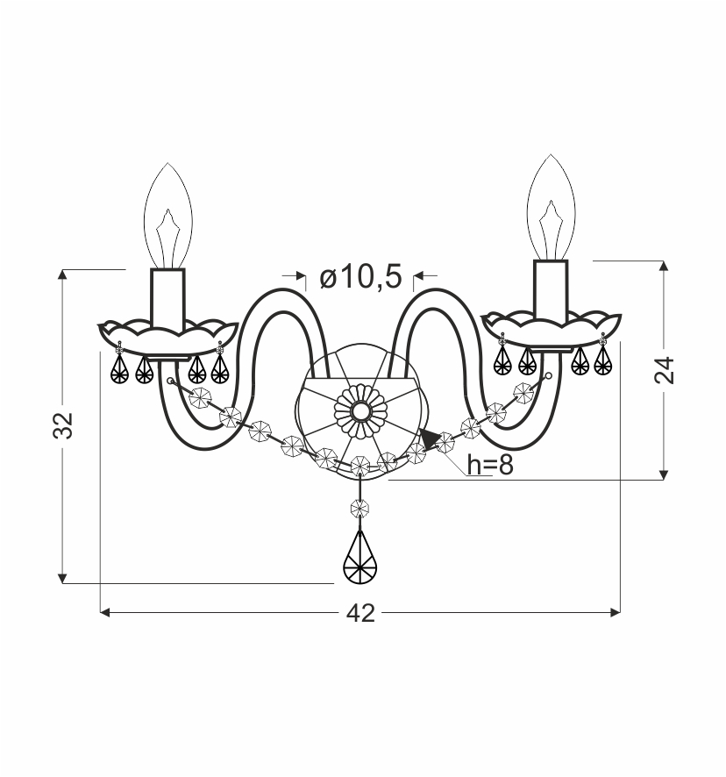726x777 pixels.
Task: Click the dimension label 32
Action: pyautogui.click(x=63, y=425)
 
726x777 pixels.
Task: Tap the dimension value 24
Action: pyautogui.click(x=665, y=370)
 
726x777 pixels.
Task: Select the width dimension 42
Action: pyautogui.click(x=360, y=614)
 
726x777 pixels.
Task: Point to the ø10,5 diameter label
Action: pyautogui.click(x=360, y=276)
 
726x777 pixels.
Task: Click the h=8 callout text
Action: pyautogui.click(x=489, y=466)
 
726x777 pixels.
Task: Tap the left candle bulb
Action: pyautogui.click(x=168, y=216)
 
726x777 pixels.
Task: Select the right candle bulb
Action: pyautogui.click(x=551, y=207)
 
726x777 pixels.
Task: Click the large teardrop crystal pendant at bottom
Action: pyautogui.click(x=360, y=557)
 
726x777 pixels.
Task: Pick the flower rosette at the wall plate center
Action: pyautogui.click(x=360, y=410)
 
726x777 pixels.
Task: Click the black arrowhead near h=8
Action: pyautogui.click(x=428, y=439)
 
